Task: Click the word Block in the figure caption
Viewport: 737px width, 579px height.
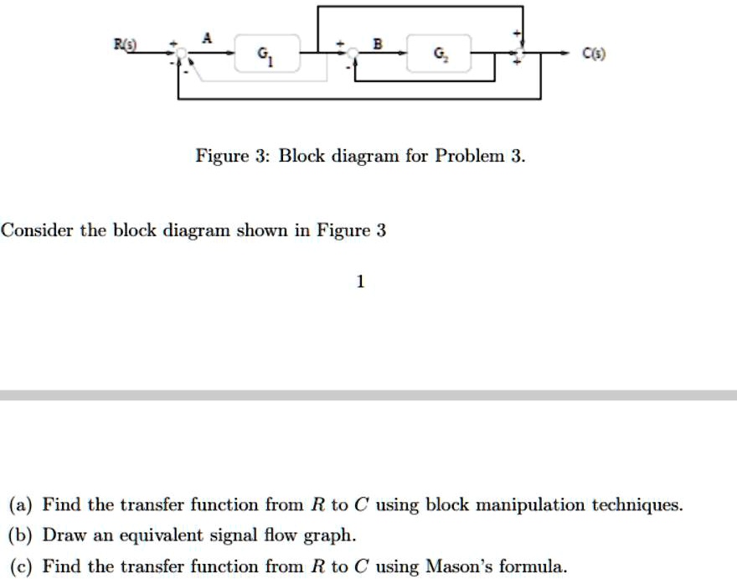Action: (x=305, y=157)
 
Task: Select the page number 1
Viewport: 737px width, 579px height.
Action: (x=360, y=282)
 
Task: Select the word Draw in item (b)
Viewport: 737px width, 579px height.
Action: (x=60, y=535)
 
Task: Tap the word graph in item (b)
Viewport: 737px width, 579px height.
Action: (x=333, y=535)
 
